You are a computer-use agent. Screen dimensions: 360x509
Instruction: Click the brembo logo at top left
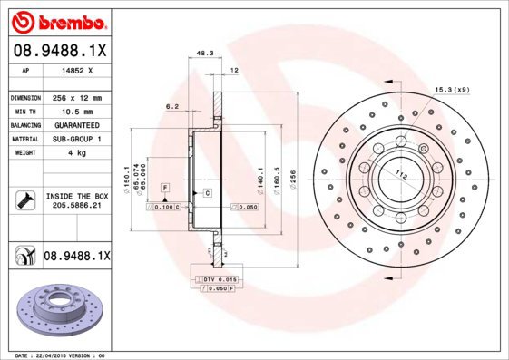[59, 20]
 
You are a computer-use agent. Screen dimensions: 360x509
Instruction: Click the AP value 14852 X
[76, 70]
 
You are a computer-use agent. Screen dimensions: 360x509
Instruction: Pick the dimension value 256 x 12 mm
[76, 97]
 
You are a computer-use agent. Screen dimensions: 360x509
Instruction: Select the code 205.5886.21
[76, 207]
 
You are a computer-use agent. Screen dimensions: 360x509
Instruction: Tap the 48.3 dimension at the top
[204, 54]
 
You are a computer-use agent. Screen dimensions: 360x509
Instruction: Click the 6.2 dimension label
[171, 107]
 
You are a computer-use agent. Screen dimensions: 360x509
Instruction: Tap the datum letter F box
[165, 187]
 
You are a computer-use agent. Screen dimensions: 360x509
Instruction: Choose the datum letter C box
[208, 194]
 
